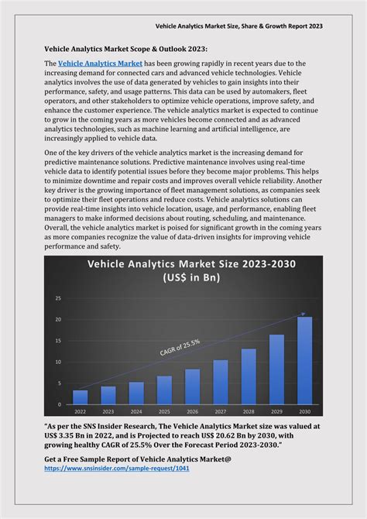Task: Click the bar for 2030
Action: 304,360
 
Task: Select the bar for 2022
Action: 81,397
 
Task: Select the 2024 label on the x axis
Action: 136,411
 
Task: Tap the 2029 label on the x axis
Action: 276,411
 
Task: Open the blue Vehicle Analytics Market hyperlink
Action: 100,63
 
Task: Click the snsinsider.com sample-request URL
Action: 116,469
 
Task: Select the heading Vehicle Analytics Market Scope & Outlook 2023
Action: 125,48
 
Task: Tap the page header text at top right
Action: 250,26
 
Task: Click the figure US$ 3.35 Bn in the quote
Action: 68,436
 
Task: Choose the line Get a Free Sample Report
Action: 137,459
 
